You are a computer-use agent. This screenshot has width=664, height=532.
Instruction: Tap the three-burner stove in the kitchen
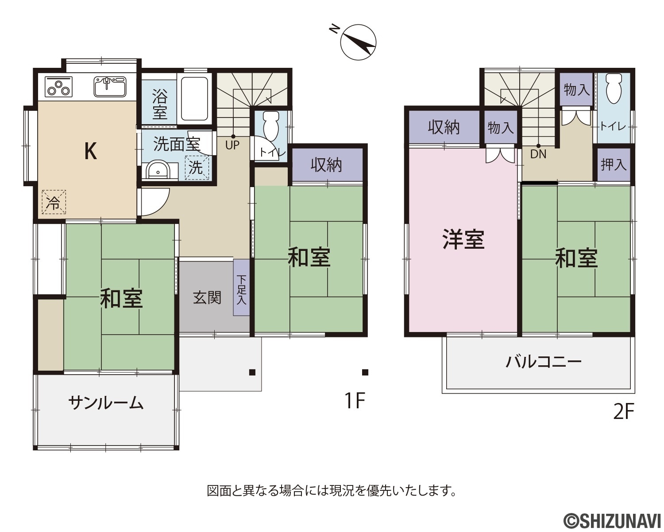click(x=58, y=86)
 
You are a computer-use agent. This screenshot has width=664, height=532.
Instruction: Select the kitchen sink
click(x=110, y=86)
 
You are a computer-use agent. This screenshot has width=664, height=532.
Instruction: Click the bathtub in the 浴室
click(x=194, y=98)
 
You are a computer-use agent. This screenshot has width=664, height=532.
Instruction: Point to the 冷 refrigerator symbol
click(x=54, y=202)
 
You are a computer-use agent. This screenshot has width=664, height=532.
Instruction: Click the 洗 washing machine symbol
click(x=197, y=168)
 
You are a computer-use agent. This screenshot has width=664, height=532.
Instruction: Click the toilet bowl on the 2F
click(x=614, y=89)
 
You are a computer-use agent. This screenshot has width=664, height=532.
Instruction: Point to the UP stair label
click(x=232, y=145)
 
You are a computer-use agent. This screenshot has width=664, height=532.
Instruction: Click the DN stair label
click(x=538, y=154)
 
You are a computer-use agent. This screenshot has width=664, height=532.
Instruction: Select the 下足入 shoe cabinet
click(x=241, y=287)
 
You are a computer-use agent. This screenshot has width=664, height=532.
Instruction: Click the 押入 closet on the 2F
click(x=614, y=164)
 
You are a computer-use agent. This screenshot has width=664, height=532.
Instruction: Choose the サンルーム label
click(x=106, y=403)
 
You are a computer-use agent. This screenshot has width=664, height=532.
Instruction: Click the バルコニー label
click(x=543, y=362)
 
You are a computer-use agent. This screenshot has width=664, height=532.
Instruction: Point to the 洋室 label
click(x=463, y=239)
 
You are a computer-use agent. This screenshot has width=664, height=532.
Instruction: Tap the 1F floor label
click(x=355, y=400)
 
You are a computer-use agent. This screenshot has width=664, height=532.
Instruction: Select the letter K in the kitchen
click(x=91, y=151)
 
